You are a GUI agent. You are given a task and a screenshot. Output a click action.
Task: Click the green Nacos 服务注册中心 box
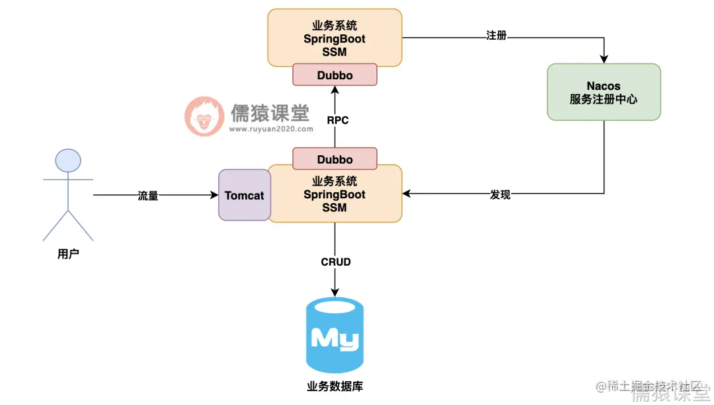pyautogui.click(x=604, y=92)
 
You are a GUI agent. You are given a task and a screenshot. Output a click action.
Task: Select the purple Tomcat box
pyautogui.click(x=244, y=196)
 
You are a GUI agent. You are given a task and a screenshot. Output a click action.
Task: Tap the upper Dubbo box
pyautogui.click(x=335, y=75)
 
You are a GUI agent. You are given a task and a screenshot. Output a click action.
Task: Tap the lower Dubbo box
pyautogui.click(x=335, y=159)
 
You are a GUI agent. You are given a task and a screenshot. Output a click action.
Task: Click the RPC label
pyautogui.click(x=337, y=120)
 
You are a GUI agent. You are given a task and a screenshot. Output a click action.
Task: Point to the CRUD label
pyautogui.click(x=335, y=262)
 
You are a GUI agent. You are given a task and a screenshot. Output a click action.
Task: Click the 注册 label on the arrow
pyautogui.click(x=496, y=36)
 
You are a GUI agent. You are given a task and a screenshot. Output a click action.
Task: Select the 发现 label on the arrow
pyautogui.click(x=500, y=194)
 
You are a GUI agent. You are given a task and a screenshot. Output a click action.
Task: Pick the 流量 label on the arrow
pyautogui.click(x=148, y=196)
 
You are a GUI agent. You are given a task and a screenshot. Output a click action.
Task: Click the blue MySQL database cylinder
pyautogui.click(x=335, y=335)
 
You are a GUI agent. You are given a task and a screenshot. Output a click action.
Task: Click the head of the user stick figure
pyautogui.click(x=68, y=161)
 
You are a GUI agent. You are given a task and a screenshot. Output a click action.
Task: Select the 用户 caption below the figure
pyautogui.click(x=68, y=254)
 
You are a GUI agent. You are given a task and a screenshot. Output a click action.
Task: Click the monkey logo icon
pyautogui.click(x=204, y=116)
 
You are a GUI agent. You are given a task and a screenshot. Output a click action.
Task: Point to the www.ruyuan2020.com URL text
pyautogui.click(x=271, y=129)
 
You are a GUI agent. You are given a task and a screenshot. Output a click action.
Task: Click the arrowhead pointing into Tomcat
pyautogui.click(x=214, y=195)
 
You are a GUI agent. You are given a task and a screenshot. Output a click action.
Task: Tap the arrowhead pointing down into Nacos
pyautogui.click(x=604, y=59)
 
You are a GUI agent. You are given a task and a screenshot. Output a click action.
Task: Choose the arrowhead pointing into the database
pyautogui.click(x=335, y=292)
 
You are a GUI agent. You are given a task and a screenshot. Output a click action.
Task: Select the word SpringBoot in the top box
pyautogui.click(x=335, y=39)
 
